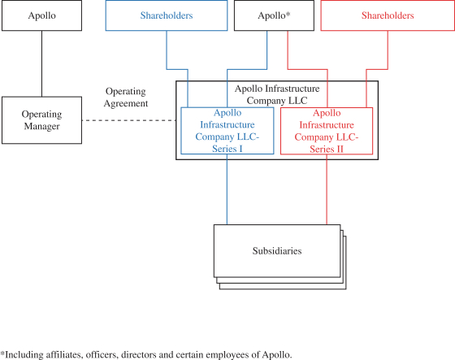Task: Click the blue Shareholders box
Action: (x=167, y=15)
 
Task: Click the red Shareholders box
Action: (x=388, y=15)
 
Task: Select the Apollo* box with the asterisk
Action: (x=274, y=15)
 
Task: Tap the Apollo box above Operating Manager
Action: (x=41, y=15)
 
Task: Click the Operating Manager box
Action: (x=41, y=120)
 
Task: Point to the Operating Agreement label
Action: (x=126, y=98)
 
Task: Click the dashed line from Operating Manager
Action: (x=129, y=120)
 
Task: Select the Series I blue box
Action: (x=227, y=131)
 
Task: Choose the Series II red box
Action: (x=327, y=131)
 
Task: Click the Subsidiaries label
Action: (x=277, y=251)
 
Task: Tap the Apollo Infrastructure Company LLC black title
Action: (x=277, y=94)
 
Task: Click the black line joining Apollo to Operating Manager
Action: (x=41, y=63)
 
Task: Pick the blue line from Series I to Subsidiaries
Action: (x=227, y=189)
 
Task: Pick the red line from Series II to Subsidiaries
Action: (x=327, y=189)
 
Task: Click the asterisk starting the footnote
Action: (x=2, y=353)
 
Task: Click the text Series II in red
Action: (x=327, y=150)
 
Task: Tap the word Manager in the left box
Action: (x=41, y=127)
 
